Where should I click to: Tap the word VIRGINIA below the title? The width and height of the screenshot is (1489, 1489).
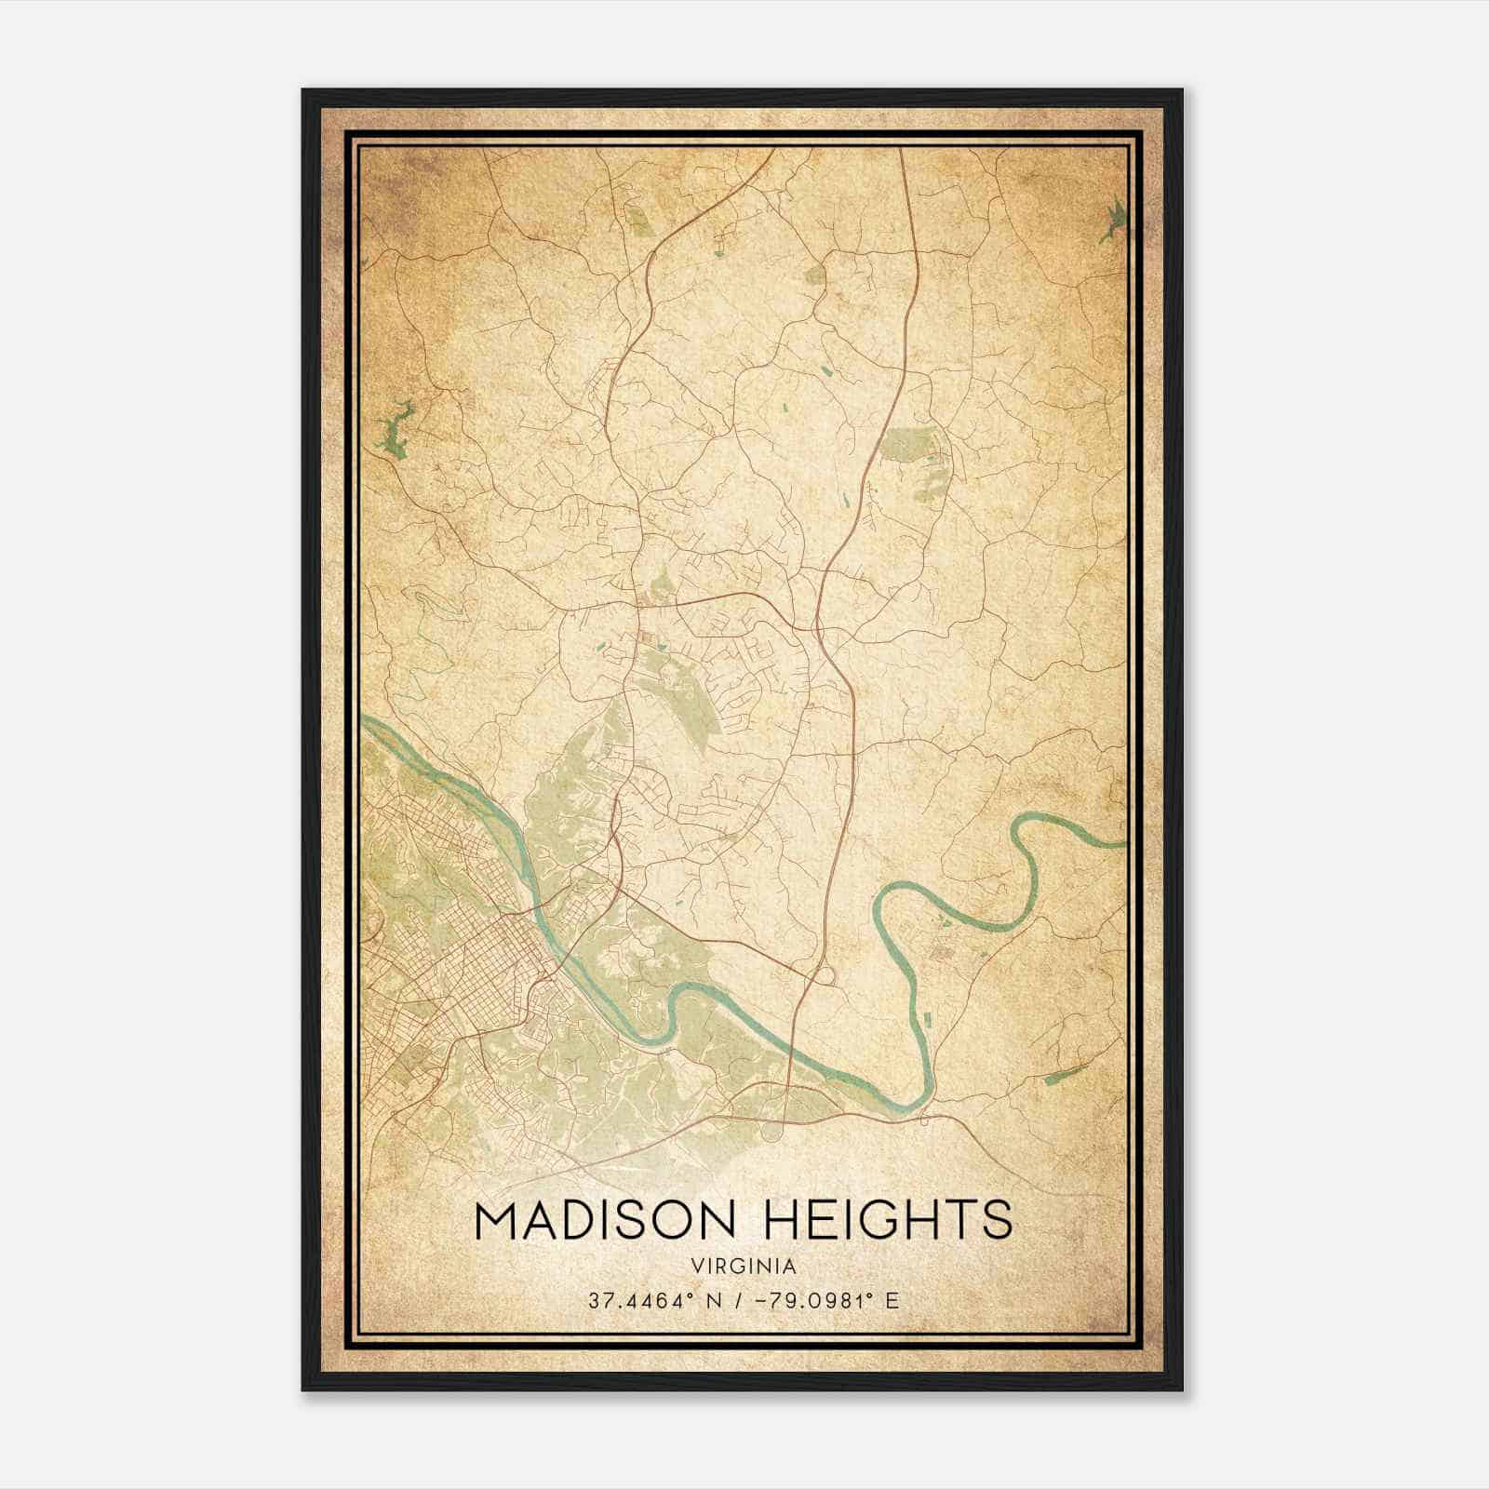[744, 1267]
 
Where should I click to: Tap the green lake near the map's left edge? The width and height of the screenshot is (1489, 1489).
[395, 429]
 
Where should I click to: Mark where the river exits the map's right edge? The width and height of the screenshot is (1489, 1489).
[1124, 844]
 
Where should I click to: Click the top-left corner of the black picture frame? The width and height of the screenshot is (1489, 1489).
[303, 90]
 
